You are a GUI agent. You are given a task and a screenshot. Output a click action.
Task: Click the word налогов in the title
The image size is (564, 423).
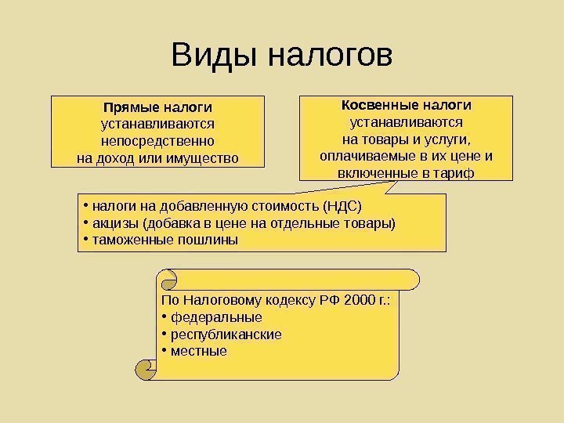[329, 56]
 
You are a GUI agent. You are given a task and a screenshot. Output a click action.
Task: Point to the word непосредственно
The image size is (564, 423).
[158, 142]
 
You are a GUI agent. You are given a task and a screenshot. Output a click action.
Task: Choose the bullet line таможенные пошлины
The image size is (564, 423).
[164, 240]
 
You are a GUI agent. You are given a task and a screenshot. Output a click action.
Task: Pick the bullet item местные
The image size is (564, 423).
[199, 351]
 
